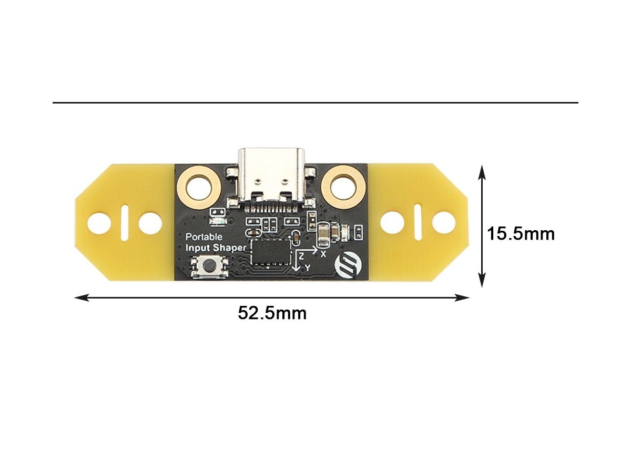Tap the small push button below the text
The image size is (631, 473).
pos(209,267)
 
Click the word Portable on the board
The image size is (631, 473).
pos(204,237)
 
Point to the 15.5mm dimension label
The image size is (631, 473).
pos(521,234)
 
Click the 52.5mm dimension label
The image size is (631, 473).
pos(272,313)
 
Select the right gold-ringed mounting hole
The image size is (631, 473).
pos(343,188)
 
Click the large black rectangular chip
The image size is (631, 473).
pos(270,252)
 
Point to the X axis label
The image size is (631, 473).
pos(323,254)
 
